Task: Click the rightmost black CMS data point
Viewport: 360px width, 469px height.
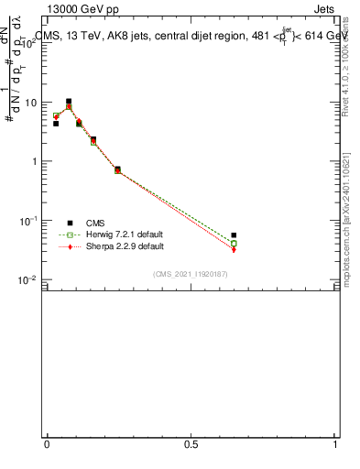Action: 234,235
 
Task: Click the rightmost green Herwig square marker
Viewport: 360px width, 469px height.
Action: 234,244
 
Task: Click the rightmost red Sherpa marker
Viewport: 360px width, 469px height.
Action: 234,249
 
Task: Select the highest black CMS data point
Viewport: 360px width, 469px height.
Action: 69,102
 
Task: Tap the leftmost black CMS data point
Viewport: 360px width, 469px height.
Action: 56,123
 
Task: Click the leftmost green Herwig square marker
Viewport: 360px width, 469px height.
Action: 56,116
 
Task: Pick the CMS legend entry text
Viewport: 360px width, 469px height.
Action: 96,223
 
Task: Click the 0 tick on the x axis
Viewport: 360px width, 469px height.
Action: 47,444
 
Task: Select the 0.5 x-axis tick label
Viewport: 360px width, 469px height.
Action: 191,444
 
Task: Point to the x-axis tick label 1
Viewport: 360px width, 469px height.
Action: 335,444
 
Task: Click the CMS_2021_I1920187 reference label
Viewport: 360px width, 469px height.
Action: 190,274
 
